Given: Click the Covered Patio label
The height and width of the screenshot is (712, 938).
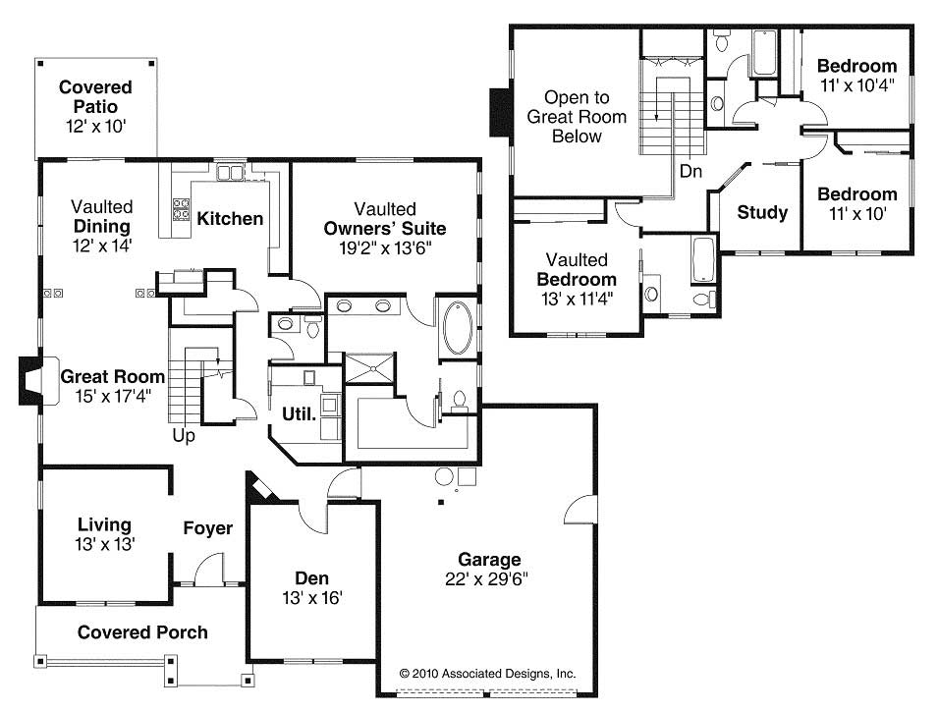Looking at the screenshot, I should pos(95,96).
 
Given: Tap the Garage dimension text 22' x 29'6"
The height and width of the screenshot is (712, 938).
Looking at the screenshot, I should pos(487,578).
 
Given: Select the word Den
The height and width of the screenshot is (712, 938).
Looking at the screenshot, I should pos(311,577).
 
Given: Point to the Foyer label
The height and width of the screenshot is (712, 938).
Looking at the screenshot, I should pos(208,529).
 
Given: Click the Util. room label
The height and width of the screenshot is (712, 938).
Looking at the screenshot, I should pos(300,413).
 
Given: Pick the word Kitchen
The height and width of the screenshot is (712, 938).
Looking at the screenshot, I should pos(230,218).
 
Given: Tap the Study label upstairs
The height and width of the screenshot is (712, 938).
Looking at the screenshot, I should pos(762,212).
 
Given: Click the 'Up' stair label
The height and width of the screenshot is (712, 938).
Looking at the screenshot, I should pos(184,433).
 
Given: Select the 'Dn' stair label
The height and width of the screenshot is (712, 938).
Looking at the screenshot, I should pos(691,172).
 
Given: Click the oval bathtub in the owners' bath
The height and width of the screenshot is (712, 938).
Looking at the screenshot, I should pos(457,328).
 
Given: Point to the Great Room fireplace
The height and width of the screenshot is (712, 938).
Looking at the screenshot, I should pos(30,382).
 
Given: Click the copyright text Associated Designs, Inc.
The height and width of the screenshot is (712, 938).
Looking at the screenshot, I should pos(487,675).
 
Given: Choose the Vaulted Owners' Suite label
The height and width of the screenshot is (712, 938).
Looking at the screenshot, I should pos(385,228).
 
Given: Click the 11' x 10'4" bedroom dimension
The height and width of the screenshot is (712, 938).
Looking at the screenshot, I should pos(856,85).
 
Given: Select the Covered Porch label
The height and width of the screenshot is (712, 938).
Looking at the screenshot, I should pos(142,632).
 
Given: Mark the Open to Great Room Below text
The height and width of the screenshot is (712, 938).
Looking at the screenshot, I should pos(577,117).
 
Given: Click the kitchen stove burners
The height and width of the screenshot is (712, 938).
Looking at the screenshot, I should pos(182,208).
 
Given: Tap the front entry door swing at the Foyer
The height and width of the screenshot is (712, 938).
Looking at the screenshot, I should pos(208,570).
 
